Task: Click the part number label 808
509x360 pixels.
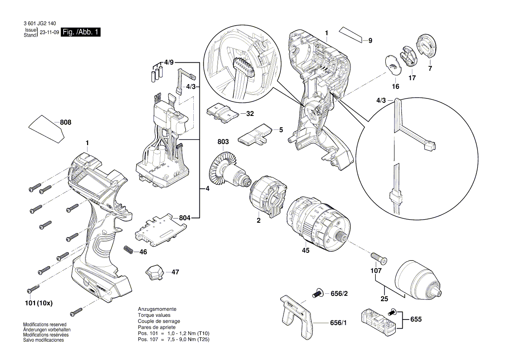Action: pos(65,123)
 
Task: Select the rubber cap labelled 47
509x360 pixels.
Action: pos(154,272)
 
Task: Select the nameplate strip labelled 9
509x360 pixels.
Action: pos(352,34)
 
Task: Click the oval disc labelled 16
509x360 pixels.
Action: pos(394,66)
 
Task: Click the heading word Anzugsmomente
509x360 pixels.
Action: pos(153,309)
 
